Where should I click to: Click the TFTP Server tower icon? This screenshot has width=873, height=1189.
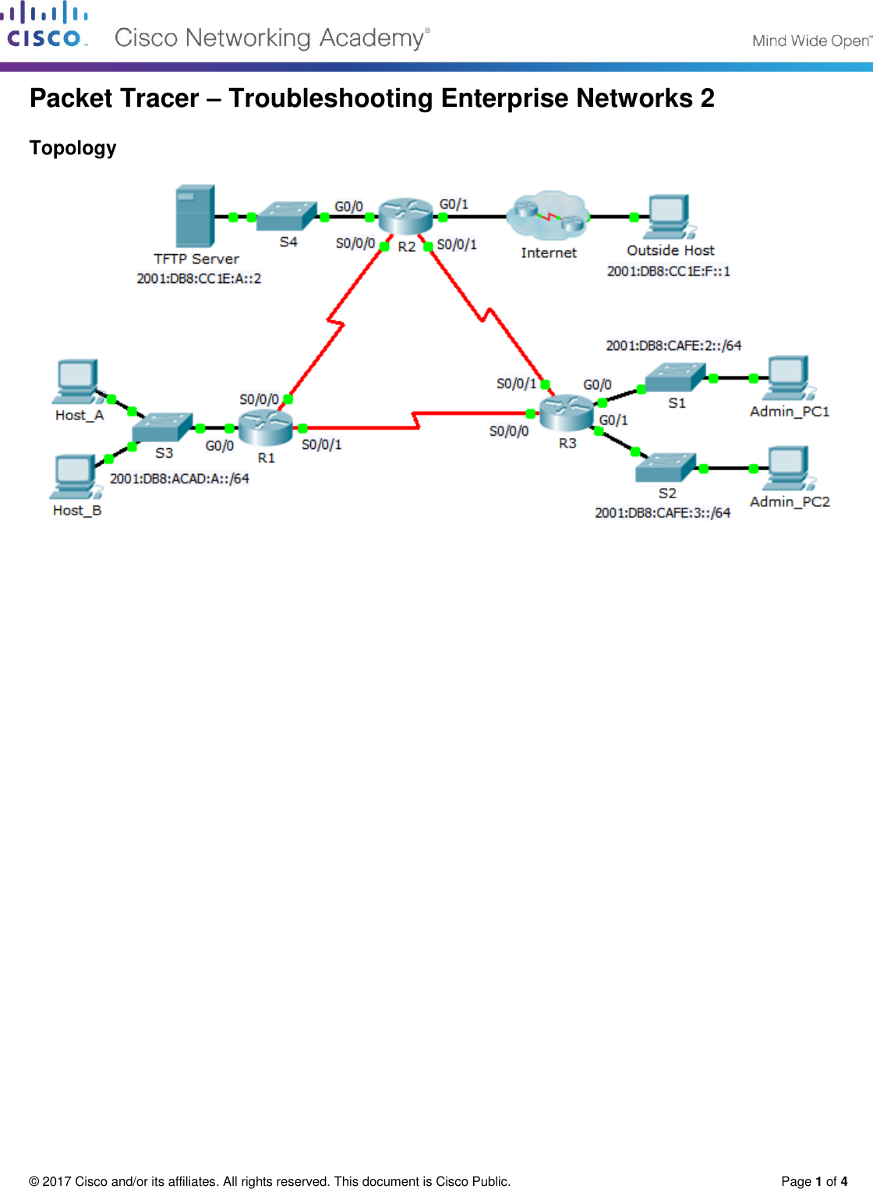click(195, 216)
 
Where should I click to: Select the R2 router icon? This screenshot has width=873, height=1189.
click(405, 216)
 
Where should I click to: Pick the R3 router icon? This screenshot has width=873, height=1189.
click(567, 412)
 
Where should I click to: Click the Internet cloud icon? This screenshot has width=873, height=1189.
click(548, 216)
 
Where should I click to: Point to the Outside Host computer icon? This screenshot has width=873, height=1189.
click(669, 217)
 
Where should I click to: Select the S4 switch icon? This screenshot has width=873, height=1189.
click(287, 216)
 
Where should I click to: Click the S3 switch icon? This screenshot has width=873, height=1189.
click(162, 427)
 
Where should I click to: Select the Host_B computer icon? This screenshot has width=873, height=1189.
click(75, 476)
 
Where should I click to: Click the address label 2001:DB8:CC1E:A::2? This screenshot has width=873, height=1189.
click(199, 278)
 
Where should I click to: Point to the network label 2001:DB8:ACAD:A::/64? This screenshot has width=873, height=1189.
click(179, 479)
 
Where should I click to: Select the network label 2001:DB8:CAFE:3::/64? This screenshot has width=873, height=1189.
click(663, 513)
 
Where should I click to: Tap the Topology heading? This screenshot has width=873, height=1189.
click(72, 148)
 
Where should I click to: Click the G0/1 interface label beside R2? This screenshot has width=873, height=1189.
click(454, 204)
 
